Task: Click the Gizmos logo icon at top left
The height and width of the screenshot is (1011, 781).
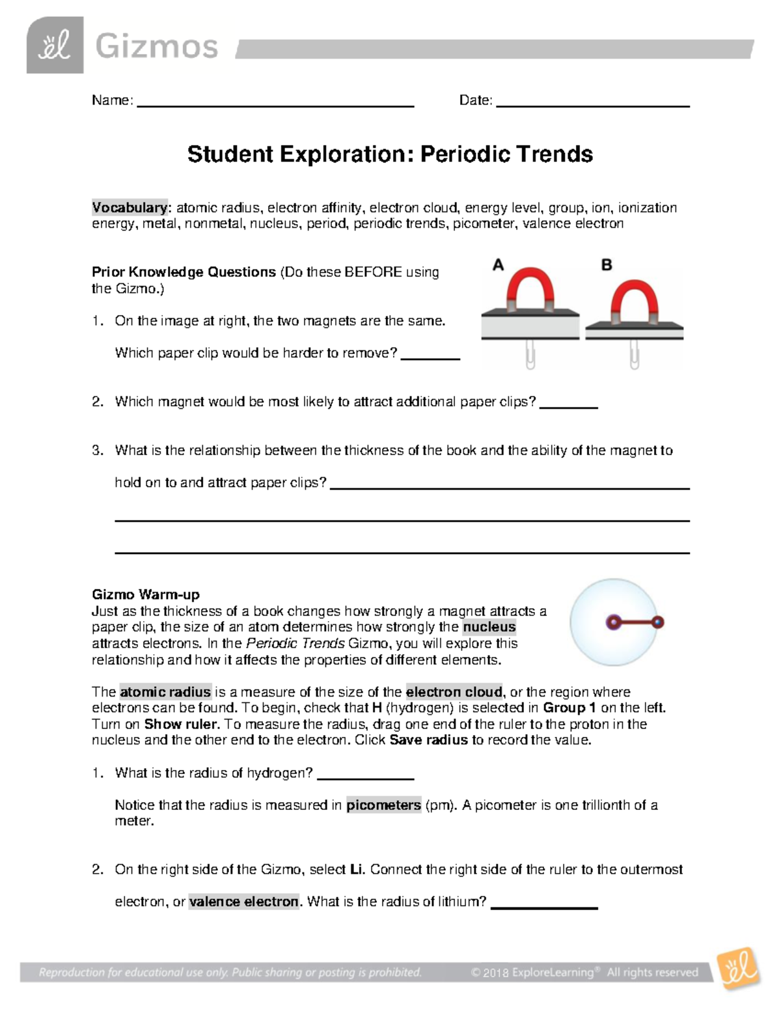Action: pos(55,46)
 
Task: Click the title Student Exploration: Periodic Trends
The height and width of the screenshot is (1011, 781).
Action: pos(390,154)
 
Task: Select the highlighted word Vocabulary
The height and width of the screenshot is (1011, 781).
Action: pos(130,208)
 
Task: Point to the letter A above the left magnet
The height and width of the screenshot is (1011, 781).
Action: pos(498,265)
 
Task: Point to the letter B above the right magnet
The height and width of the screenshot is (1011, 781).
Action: pos(607,265)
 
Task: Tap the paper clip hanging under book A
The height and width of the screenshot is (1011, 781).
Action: pos(530,354)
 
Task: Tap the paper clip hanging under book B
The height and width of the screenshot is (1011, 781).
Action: pos(634,354)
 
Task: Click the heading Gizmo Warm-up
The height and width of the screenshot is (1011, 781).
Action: pos(146,594)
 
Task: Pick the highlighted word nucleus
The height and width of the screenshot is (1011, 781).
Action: pos(489,627)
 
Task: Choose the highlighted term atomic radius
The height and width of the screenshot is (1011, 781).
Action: pos(165,691)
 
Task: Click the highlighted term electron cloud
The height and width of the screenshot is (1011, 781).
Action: pos(454,691)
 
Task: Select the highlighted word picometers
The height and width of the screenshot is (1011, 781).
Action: pos(383,805)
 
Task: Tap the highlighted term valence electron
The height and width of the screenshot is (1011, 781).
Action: pos(243,902)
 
